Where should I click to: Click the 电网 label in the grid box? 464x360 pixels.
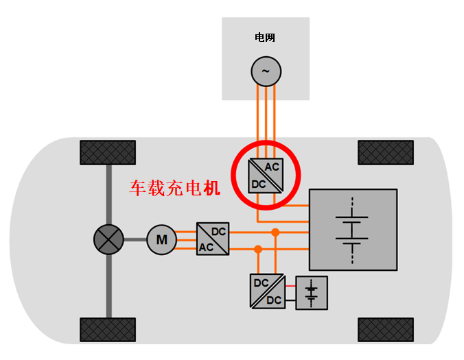[x=265, y=38]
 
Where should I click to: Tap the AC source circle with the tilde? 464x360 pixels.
[x=265, y=70]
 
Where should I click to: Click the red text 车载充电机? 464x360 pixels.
[x=176, y=188]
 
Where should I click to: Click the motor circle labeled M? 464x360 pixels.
[x=162, y=240]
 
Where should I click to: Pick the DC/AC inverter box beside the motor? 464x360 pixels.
[x=213, y=239]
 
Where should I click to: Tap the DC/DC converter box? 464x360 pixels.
[x=266, y=291]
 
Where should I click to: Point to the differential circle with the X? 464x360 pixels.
[x=108, y=240]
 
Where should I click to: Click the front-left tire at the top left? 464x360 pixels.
[x=108, y=152]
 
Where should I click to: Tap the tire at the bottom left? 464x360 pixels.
[x=108, y=330]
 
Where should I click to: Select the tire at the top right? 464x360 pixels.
[x=386, y=152]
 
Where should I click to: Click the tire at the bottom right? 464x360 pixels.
[x=386, y=330]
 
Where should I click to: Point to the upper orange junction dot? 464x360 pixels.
[x=275, y=232]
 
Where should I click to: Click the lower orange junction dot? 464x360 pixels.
[x=258, y=249]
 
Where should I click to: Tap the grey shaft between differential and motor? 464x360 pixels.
[x=135, y=240]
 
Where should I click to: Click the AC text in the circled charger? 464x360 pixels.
[x=272, y=167]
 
